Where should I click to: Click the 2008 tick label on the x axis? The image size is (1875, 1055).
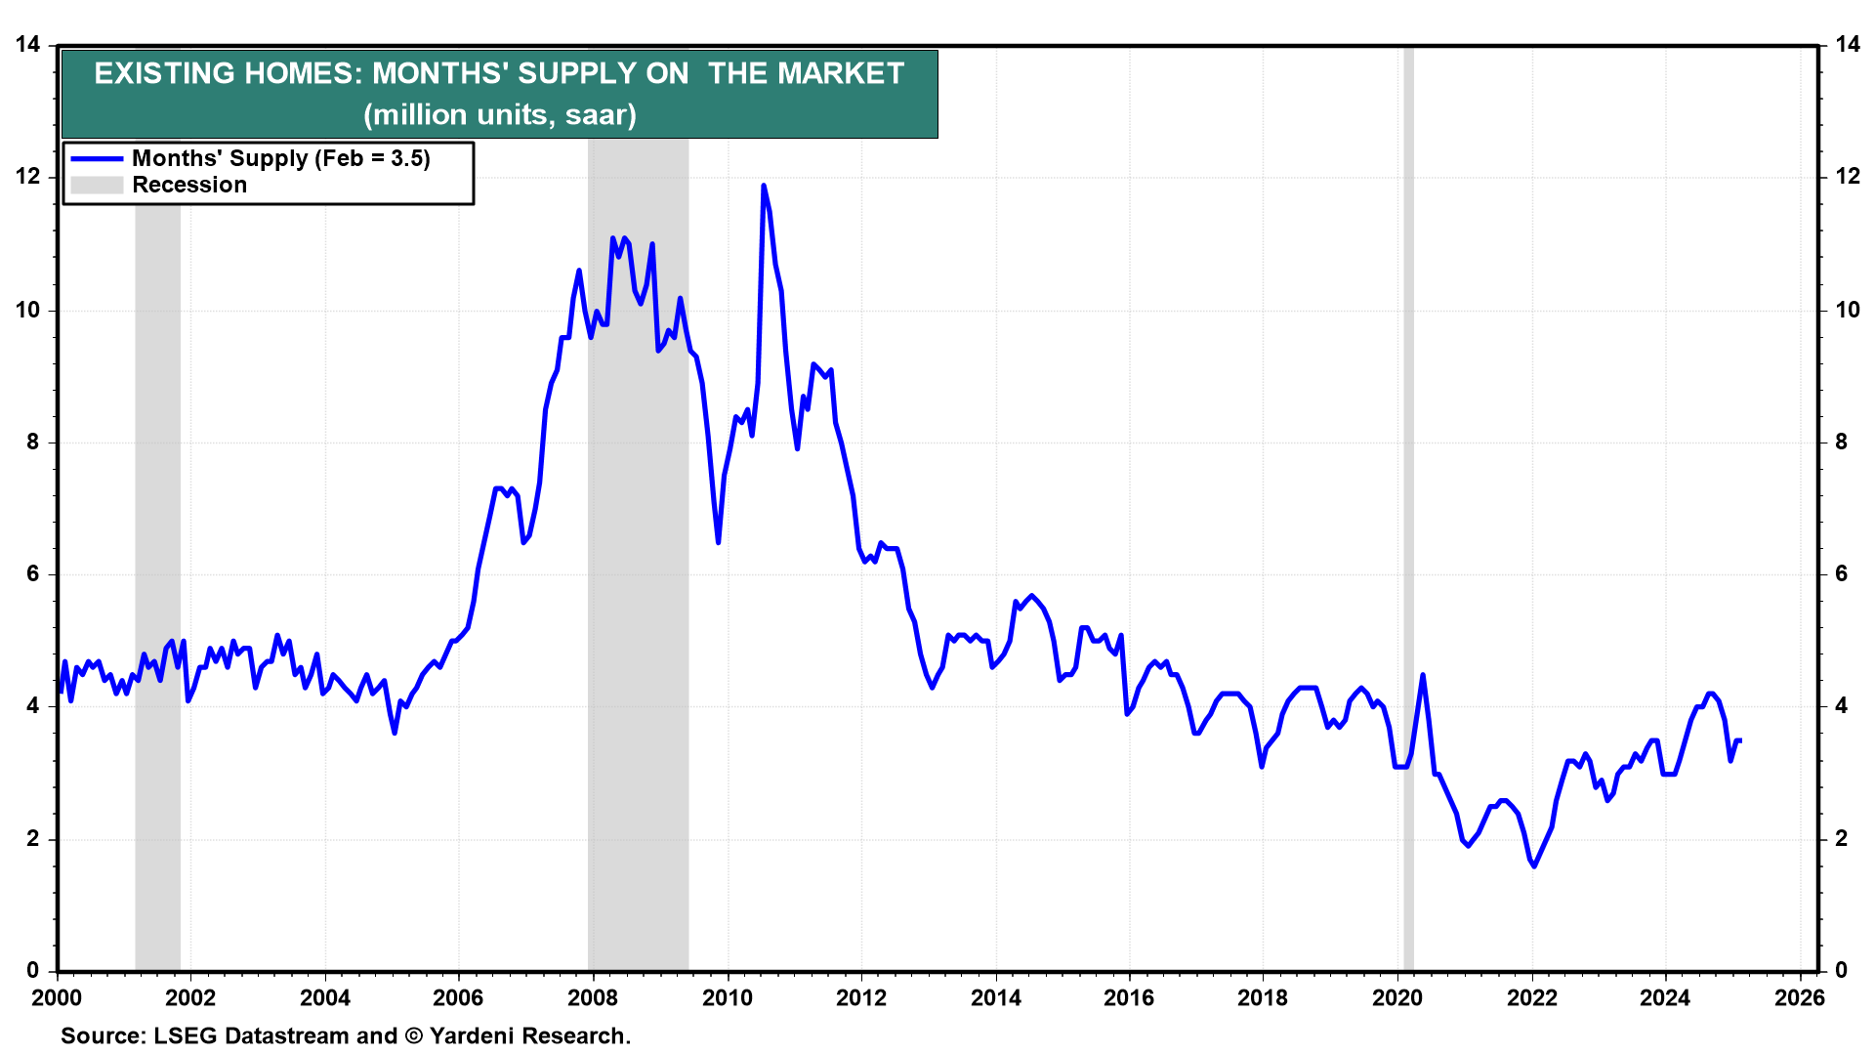(x=593, y=997)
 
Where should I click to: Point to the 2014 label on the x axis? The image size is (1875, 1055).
(x=995, y=997)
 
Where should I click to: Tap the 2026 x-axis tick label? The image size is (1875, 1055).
(x=1799, y=997)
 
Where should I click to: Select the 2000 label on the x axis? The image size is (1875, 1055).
(x=57, y=997)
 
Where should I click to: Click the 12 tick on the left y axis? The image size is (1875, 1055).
(x=28, y=177)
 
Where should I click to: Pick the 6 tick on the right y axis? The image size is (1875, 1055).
(x=1841, y=573)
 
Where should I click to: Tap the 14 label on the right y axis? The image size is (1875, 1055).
(x=1847, y=44)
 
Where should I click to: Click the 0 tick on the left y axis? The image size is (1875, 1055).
(x=33, y=970)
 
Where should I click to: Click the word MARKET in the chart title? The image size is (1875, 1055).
(x=807, y=73)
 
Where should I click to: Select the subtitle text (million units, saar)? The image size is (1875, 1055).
(x=500, y=114)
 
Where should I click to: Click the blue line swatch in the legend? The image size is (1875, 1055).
(x=97, y=158)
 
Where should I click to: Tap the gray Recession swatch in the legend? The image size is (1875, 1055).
(x=97, y=185)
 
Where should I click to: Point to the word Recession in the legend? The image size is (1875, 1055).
(x=189, y=185)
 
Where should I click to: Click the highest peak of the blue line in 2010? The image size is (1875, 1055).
(x=763, y=186)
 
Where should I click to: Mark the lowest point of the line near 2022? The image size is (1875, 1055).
(x=1534, y=865)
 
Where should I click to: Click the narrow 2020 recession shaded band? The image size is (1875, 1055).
(x=1408, y=508)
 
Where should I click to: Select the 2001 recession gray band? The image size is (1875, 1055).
(x=157, y=508)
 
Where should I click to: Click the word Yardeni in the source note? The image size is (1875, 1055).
(x=474, y=1035)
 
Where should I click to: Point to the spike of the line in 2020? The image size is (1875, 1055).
(x=1423, y=675)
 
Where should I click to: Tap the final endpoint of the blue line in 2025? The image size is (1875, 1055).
(x=1740, y=740)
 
